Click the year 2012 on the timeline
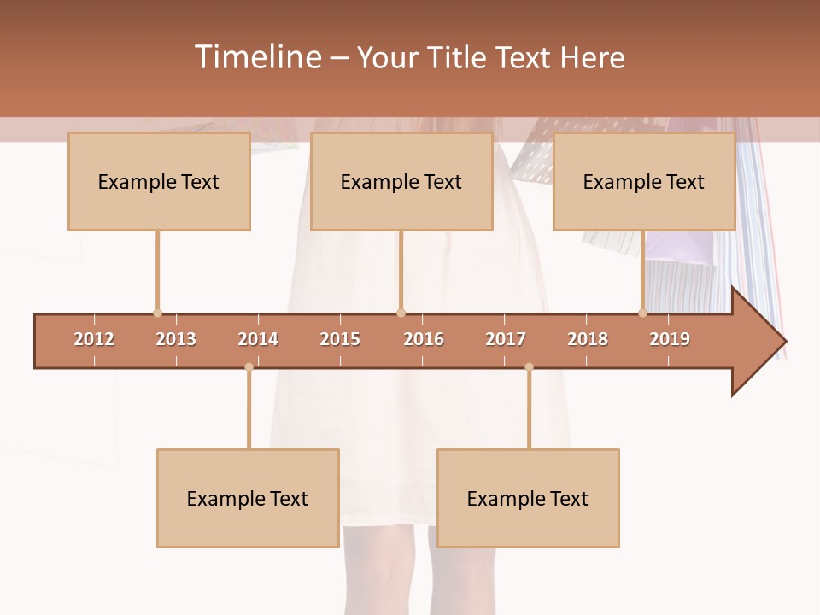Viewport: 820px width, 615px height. click(94, 339)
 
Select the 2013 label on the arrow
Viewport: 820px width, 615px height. click(176, 339)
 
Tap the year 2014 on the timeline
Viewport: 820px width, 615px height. click(258, 339)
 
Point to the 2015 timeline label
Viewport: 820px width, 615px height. click(340, 339)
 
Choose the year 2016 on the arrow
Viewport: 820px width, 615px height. click(424, 339)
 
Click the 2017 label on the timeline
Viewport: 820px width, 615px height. click(506, 339)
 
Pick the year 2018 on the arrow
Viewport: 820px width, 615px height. click(588, 339)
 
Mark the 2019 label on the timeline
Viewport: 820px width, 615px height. click(670, 339)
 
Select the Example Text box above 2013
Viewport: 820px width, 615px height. click(159, 182)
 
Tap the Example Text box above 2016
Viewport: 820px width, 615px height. click(401, 182)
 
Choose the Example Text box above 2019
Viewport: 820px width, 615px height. click(644, 182)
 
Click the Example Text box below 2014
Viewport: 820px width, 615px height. click(248, 499)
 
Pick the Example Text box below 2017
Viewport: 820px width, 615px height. click(528, 499)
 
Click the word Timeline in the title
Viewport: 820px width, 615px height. click(257, 57)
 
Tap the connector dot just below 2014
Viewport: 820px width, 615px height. click(249, 367)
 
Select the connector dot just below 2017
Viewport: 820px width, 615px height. click(529, 367)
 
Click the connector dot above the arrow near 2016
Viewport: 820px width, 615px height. click(401, 313)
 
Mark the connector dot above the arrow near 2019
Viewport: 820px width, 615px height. click(642, 313)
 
